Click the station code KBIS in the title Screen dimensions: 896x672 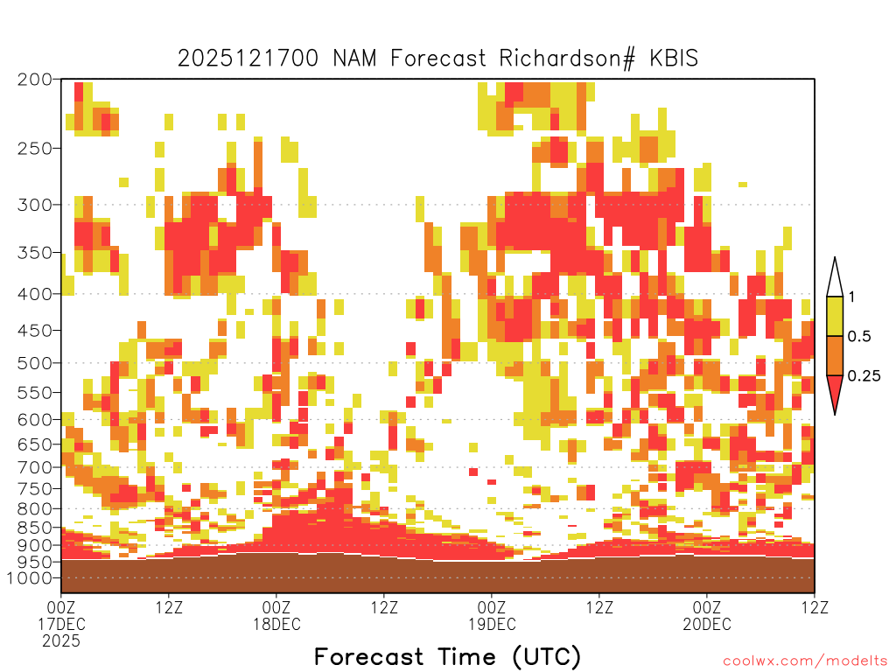tap(674, 59)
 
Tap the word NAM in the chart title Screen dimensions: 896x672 tap(354, 59)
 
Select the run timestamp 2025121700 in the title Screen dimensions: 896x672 tap(248, 59)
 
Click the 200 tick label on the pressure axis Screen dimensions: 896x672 tap(34, 80)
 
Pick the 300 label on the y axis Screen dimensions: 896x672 tap(34, 205)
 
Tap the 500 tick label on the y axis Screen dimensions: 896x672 tap(34, 363)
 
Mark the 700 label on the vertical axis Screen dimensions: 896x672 tap(34, 467)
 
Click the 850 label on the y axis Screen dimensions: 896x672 tap(34, 528)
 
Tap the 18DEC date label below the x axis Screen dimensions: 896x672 tap(276, 624)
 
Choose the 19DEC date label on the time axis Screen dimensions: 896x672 tap(492, 624)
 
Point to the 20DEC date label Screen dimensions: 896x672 tap(707, 624)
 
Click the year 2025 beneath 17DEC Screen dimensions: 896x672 tap(61, 641)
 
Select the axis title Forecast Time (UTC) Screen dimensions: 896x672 tap(447, 657)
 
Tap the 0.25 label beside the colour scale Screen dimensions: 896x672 tap(864, 376)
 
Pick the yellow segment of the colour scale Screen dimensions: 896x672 tap(835, 316)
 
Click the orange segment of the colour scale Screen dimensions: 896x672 tap(835, 355)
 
